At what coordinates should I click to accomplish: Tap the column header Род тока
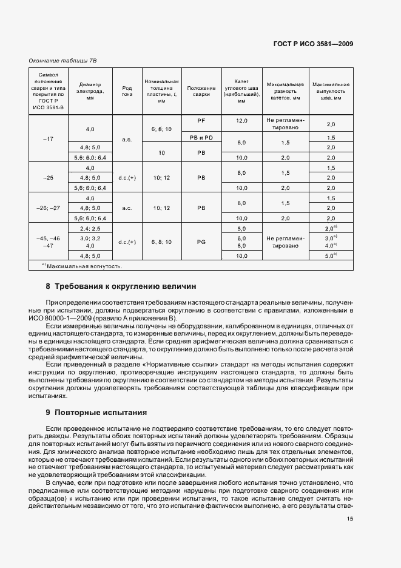(127, 90)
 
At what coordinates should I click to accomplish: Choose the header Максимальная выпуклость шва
(331, 90)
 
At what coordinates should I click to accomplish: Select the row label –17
(49, 139)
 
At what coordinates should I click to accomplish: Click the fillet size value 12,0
(241, 121)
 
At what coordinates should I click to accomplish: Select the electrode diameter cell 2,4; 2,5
(90, 228)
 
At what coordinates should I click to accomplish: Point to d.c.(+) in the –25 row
(127, 177)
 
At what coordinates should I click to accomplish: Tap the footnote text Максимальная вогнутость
(84, 266)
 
